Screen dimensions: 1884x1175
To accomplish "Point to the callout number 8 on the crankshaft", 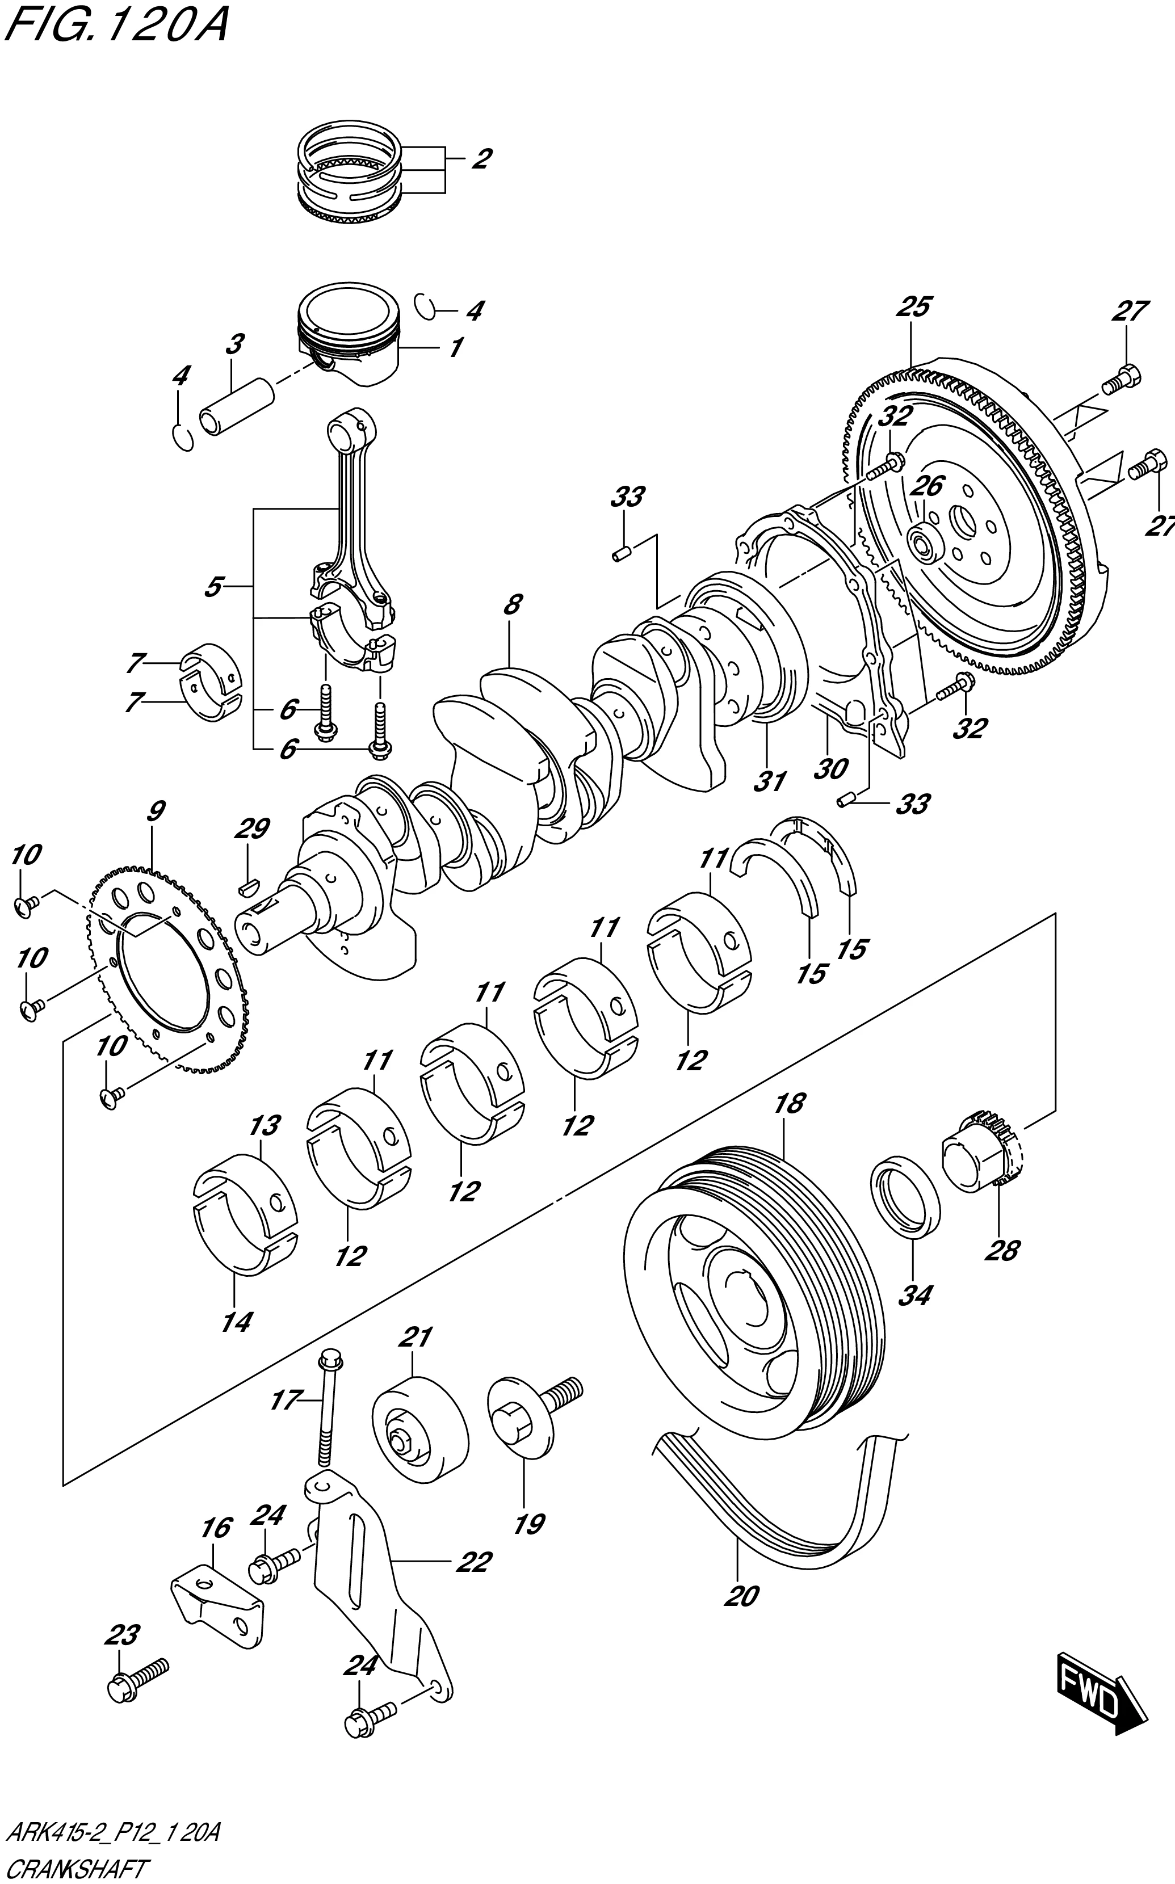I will (x=511, y=604).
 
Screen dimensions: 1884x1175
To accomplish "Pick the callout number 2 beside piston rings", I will (x=481, y=159).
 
